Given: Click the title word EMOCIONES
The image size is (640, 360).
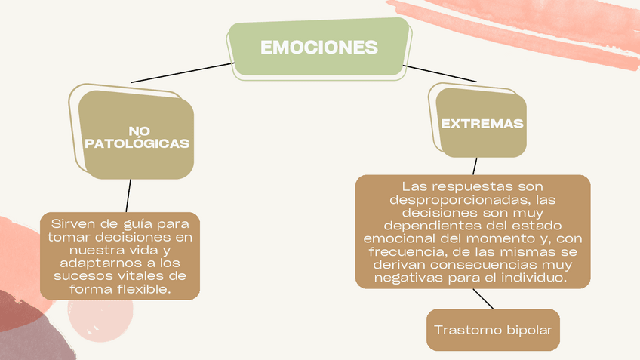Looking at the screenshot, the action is [318, 48].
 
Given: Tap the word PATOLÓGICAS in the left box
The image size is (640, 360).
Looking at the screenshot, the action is [137, 143].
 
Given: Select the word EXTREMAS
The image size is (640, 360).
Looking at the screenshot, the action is [482, 123].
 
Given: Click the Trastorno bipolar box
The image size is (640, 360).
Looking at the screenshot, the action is [493, 330].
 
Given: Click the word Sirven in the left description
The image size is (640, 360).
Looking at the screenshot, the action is [72, 224].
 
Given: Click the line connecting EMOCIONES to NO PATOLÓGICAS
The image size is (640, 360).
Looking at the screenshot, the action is [181, 72].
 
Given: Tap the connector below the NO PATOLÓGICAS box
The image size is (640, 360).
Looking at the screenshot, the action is [129, 195].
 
